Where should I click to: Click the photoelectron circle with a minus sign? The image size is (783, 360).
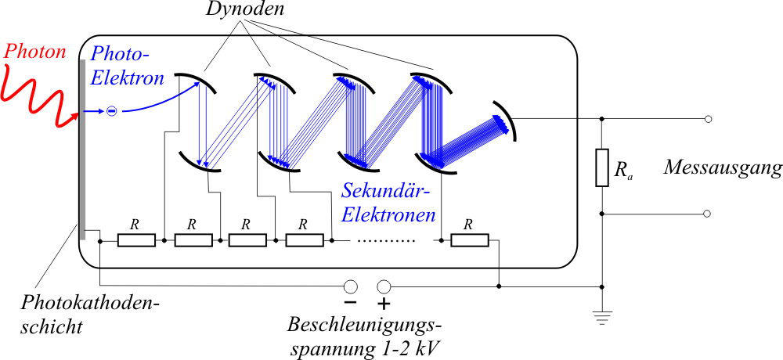click(x=111, y=111)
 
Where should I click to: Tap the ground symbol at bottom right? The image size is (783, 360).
click(x=601, y=318)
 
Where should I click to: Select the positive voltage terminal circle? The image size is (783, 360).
click(x=384, y=286)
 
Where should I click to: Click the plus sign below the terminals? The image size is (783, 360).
click(x=384, y=304)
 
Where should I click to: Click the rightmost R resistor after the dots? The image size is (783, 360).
click(x=470, y=239)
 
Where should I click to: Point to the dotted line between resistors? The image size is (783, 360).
click(x=384, y=240)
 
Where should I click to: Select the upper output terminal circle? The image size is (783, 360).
click(x=708, y=119)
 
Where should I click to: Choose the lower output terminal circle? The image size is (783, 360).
click(x=708, y=214)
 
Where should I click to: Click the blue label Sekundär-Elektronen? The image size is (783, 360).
click(x=388, y=202)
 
